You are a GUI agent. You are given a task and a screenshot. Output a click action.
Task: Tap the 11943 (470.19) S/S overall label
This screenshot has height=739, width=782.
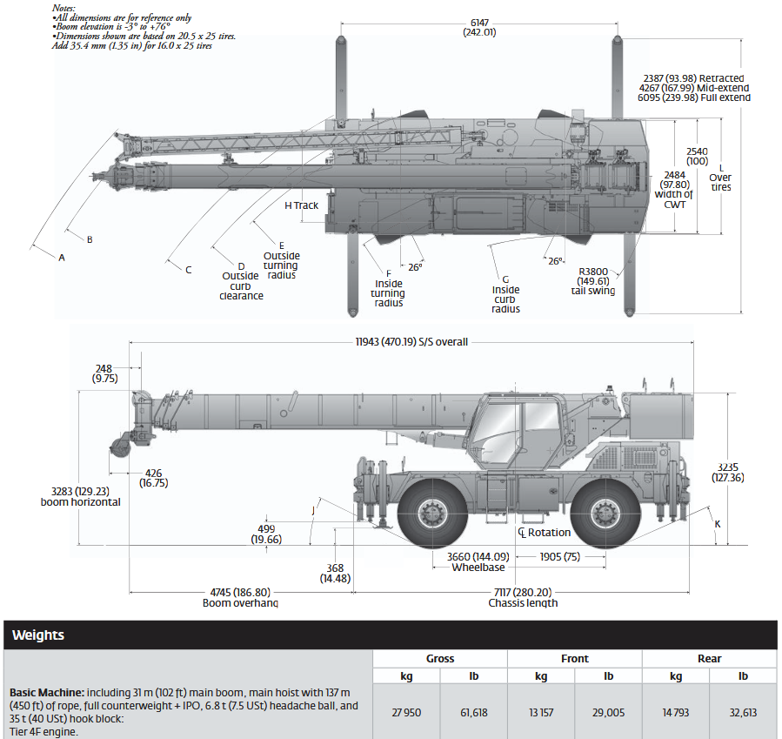coord(411,342)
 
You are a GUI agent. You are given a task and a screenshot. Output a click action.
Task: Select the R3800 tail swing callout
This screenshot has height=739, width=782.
coord(597,280)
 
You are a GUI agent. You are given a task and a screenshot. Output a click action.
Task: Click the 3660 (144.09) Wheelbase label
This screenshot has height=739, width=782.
coord(478,561)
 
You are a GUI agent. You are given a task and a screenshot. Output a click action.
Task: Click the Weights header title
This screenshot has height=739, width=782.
coord(38,635)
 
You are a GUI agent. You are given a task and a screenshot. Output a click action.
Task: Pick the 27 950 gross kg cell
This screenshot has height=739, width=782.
coord(405,713)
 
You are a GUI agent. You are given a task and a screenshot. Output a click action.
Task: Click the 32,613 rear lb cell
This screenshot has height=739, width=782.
coord(743,713)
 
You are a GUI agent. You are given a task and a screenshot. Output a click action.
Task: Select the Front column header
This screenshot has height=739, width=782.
coord(574,659)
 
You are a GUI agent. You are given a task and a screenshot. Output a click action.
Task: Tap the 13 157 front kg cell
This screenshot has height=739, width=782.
coord(541,713)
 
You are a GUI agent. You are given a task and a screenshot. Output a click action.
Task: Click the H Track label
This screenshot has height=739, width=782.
coord(301,206)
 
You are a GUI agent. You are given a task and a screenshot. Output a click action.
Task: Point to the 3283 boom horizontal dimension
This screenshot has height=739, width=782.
coord(80,496)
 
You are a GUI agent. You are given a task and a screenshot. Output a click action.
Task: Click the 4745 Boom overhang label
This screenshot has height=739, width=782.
coord(240,597)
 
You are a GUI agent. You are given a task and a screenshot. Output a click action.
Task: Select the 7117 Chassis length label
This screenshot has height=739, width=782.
coord(523,597)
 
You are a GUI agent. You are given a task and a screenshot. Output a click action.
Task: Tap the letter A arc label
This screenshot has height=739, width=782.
coord(62,258)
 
